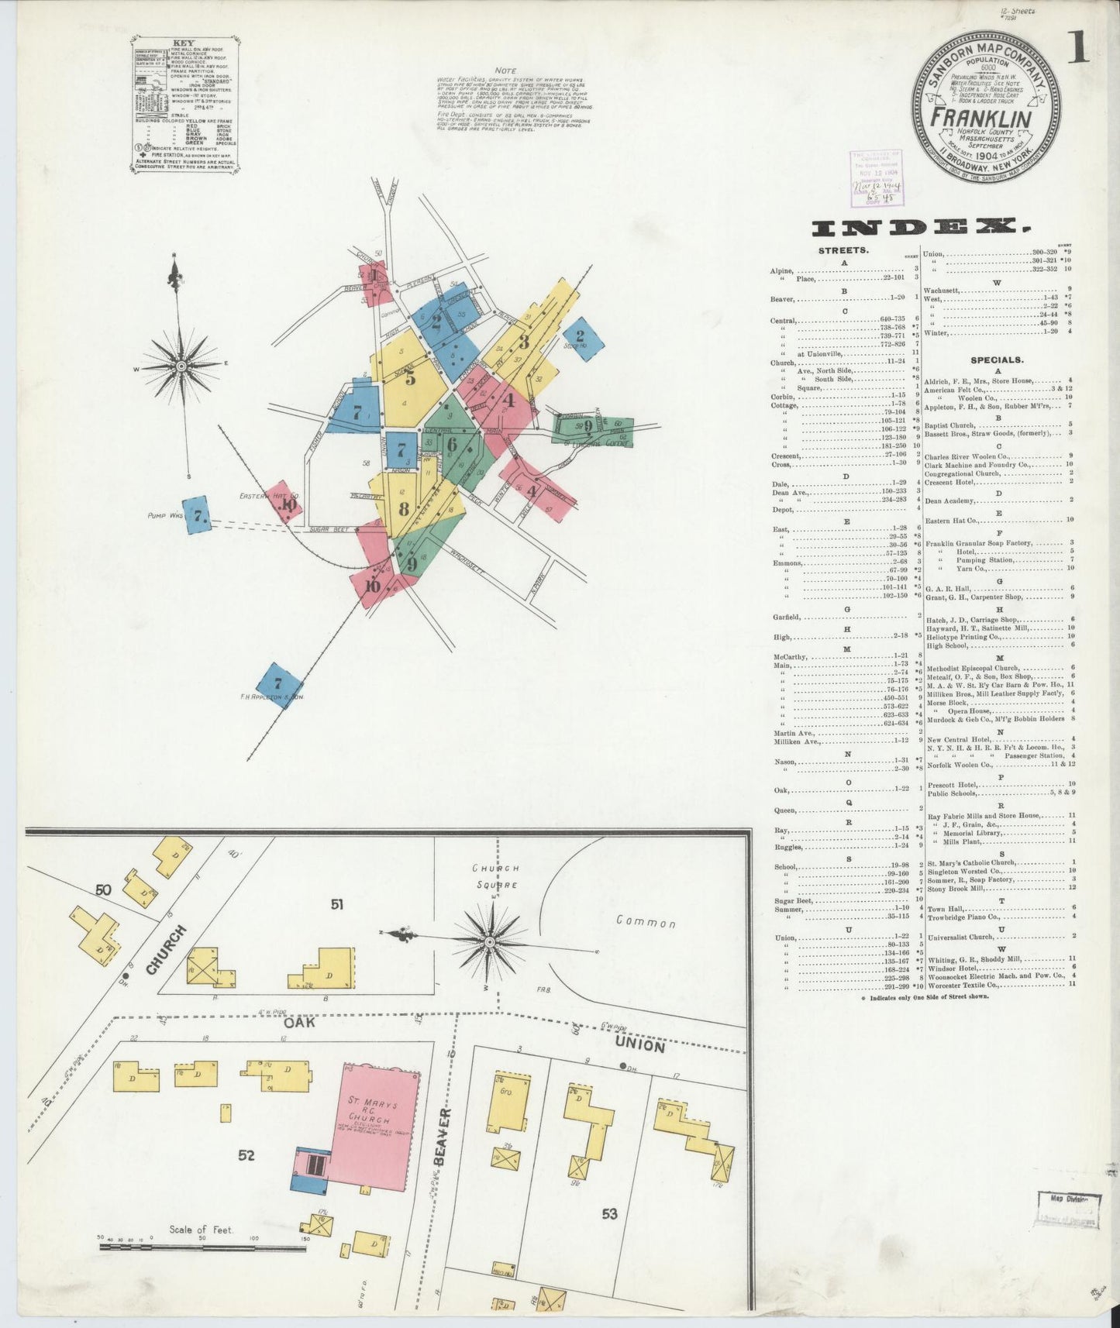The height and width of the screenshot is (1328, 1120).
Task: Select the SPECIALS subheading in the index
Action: (996, 360)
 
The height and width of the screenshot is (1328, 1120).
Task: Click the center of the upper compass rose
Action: (181, 365)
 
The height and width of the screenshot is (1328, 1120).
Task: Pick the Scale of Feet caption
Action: (202, 1230)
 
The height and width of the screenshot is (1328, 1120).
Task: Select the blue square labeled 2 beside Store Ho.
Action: (580, 337)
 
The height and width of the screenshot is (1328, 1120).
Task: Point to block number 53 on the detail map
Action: (609, 1213)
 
